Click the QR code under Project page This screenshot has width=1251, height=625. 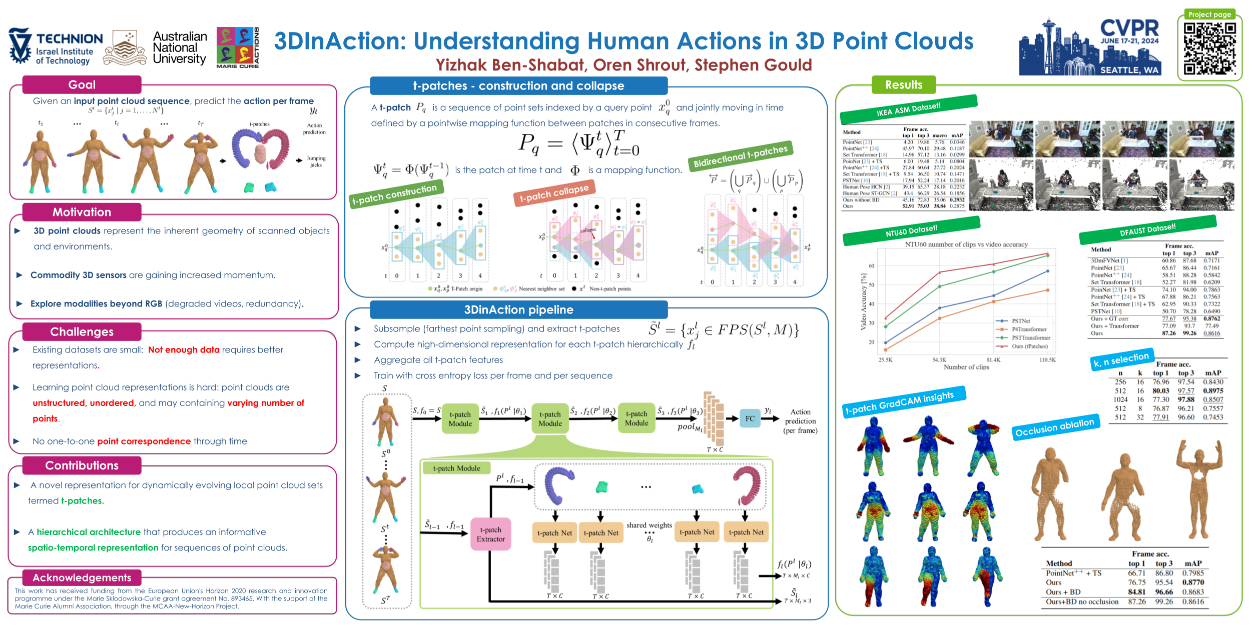[1209, 48]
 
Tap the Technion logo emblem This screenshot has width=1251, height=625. [20, 45]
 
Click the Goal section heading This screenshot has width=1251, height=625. [82, 85]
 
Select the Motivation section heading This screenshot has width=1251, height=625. [82, 212]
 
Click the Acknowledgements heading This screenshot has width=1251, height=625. [82, 577]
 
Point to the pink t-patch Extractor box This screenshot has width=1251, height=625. [490, 534]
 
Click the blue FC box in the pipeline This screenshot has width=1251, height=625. [750, 418]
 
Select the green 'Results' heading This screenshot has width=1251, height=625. [903, 85]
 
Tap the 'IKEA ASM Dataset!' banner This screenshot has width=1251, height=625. [908, 109]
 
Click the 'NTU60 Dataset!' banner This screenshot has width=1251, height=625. [911, 231]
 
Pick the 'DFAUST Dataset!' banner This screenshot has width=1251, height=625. [1147, 230]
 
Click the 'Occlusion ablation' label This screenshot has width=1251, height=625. [1055, 427]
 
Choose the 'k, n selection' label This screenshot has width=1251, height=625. [1121, 359]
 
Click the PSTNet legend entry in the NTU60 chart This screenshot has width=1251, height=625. [1020, 321]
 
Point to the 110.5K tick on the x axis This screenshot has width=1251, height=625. [1047, 360]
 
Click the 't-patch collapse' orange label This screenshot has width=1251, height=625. [554, 193]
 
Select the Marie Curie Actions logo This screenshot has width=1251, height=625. [238, 47]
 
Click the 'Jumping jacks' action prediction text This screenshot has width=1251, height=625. [316, 161]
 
